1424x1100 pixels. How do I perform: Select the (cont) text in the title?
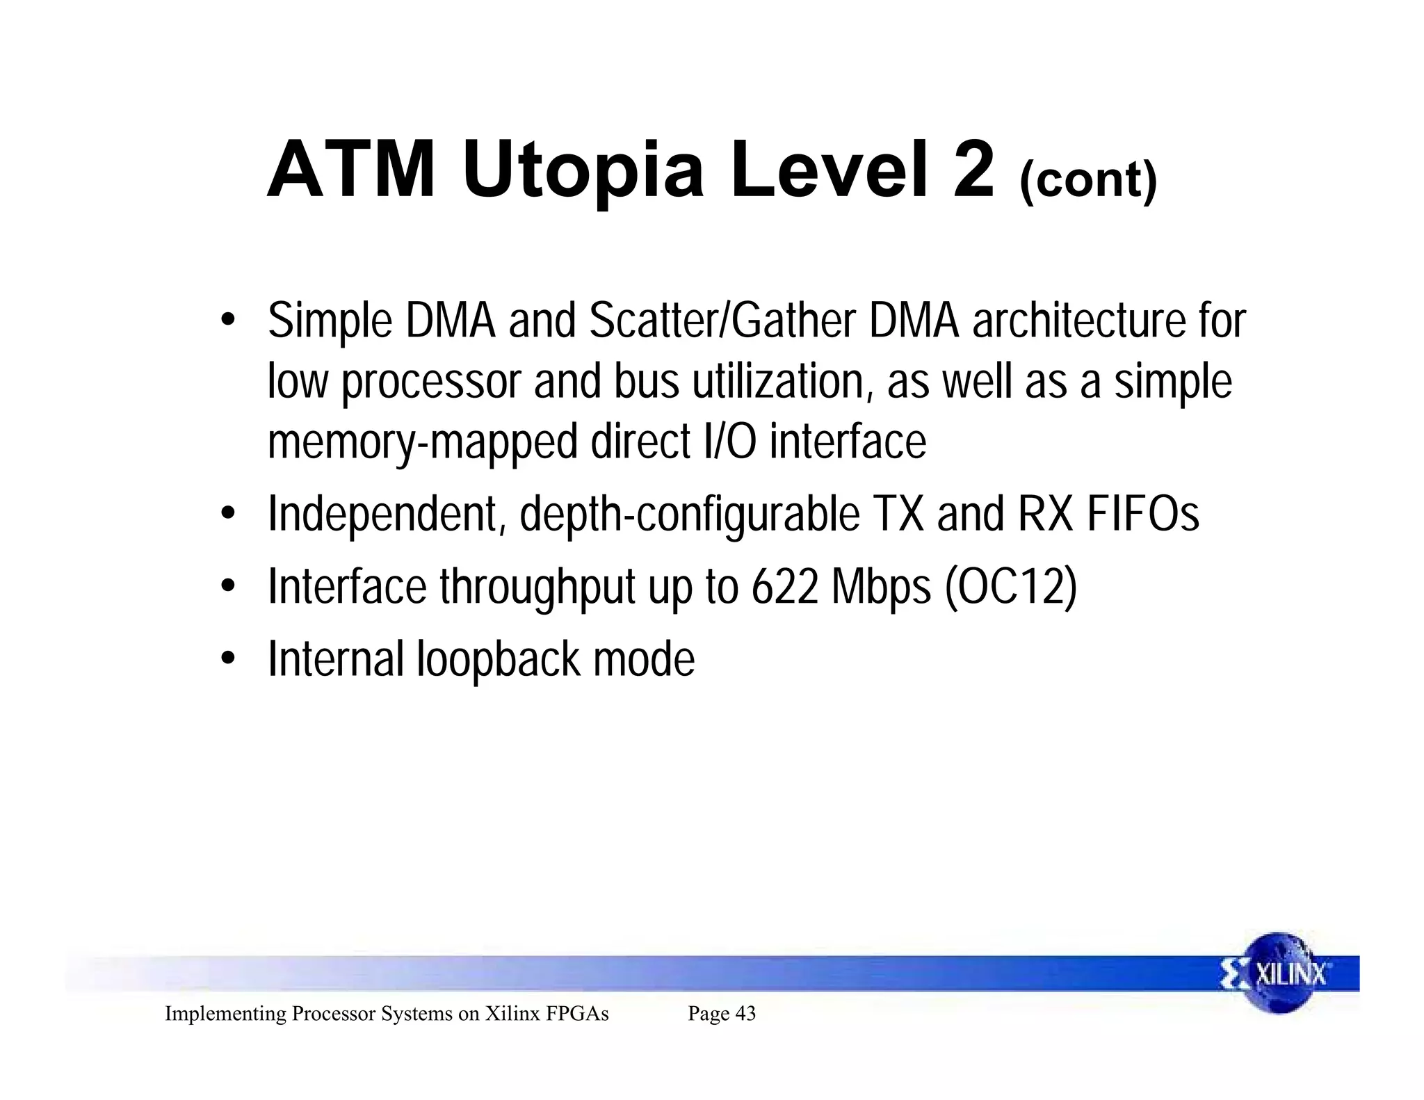tap(1088, 180)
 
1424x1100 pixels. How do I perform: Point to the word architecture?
tap(1075, 321)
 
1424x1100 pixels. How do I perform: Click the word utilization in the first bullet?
tap(782, 382)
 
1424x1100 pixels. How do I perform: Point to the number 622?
tap(785, 587)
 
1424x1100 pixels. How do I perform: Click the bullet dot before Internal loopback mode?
tap(227, 658)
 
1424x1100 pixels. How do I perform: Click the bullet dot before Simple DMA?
tap(227, 321)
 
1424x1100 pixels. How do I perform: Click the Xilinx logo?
tap(1279, 973)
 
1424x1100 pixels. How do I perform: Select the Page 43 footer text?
tap(722, 1014)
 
